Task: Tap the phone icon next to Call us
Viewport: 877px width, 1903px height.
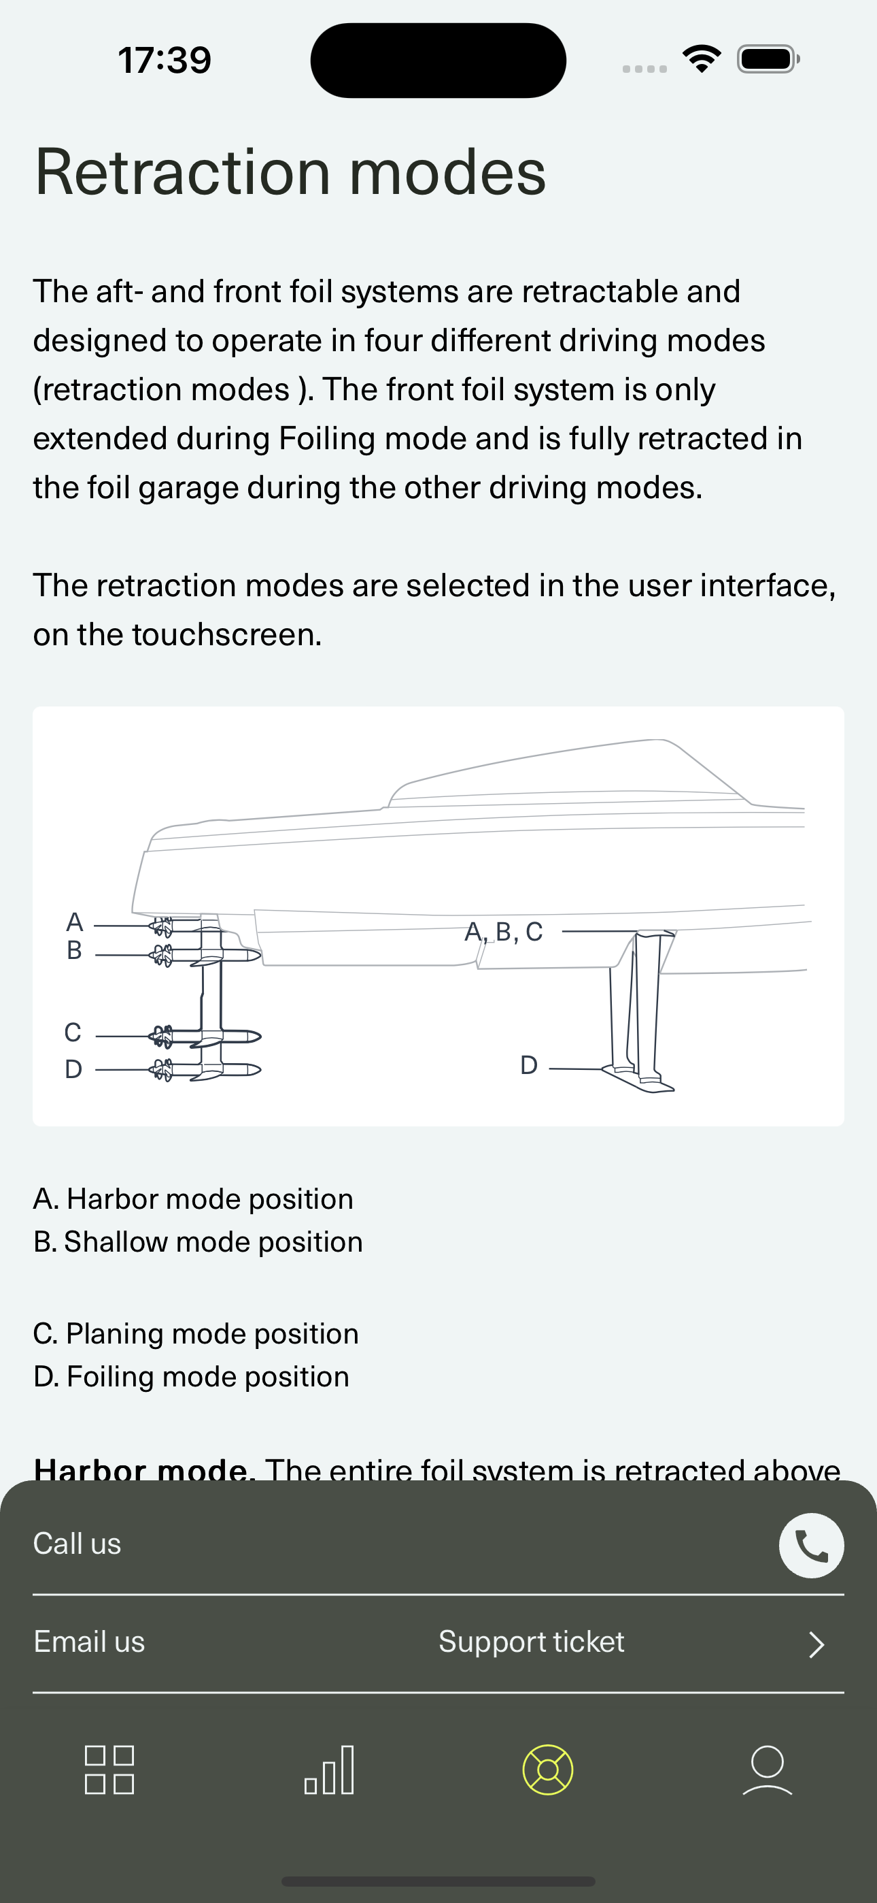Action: [x=810, y=1546]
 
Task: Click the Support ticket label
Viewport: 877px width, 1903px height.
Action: [x=531, y=1642]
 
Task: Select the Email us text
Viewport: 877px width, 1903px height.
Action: [x=89, y=1642]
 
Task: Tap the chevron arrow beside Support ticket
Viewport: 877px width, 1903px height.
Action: [x=815, y=1644]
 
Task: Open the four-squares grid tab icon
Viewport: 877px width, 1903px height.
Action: [x=109, y=1770]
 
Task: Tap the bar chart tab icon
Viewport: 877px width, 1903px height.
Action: [x=329, y=1770]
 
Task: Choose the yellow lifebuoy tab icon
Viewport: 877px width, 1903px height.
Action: [x=547, y=1770]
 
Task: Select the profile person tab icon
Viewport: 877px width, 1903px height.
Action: [x=767, y=1770]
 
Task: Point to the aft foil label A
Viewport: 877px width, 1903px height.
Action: [x=75, y=922]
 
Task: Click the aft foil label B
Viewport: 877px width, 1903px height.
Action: [x=75, y=950]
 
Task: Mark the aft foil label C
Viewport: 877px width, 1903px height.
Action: [x=73, y=1032]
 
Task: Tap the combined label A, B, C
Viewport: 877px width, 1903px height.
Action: [x=504, y=932]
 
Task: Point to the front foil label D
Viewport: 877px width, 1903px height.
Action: [x=528, y=1065]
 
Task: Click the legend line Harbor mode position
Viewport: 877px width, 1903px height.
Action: [x=193, y=1199]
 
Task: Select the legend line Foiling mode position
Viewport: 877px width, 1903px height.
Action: [x=191, y=1376]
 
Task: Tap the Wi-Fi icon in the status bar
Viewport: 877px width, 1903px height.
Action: [x=702, y=59]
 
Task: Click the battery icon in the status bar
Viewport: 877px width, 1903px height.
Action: [x=768, y=59]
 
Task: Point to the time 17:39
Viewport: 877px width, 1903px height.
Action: [x=165, y=60]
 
